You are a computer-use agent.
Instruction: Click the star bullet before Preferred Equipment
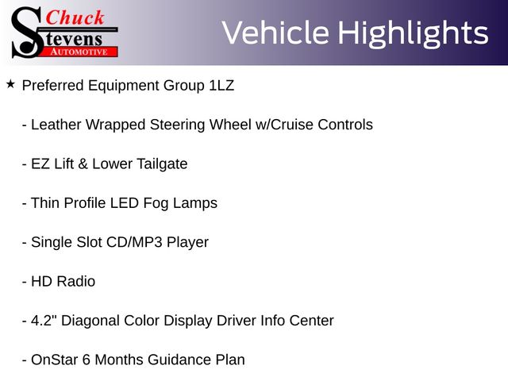10,85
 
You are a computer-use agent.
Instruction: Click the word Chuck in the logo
75,17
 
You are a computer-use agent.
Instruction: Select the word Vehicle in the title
275,33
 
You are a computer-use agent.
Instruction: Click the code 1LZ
221,86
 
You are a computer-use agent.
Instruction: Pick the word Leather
56,125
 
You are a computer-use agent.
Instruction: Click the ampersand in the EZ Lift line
83,164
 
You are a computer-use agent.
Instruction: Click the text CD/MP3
134,242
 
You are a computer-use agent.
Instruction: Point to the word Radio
76,282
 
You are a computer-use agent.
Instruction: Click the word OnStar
55,360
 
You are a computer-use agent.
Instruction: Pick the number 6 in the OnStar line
87,360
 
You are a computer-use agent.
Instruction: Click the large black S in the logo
27,33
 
